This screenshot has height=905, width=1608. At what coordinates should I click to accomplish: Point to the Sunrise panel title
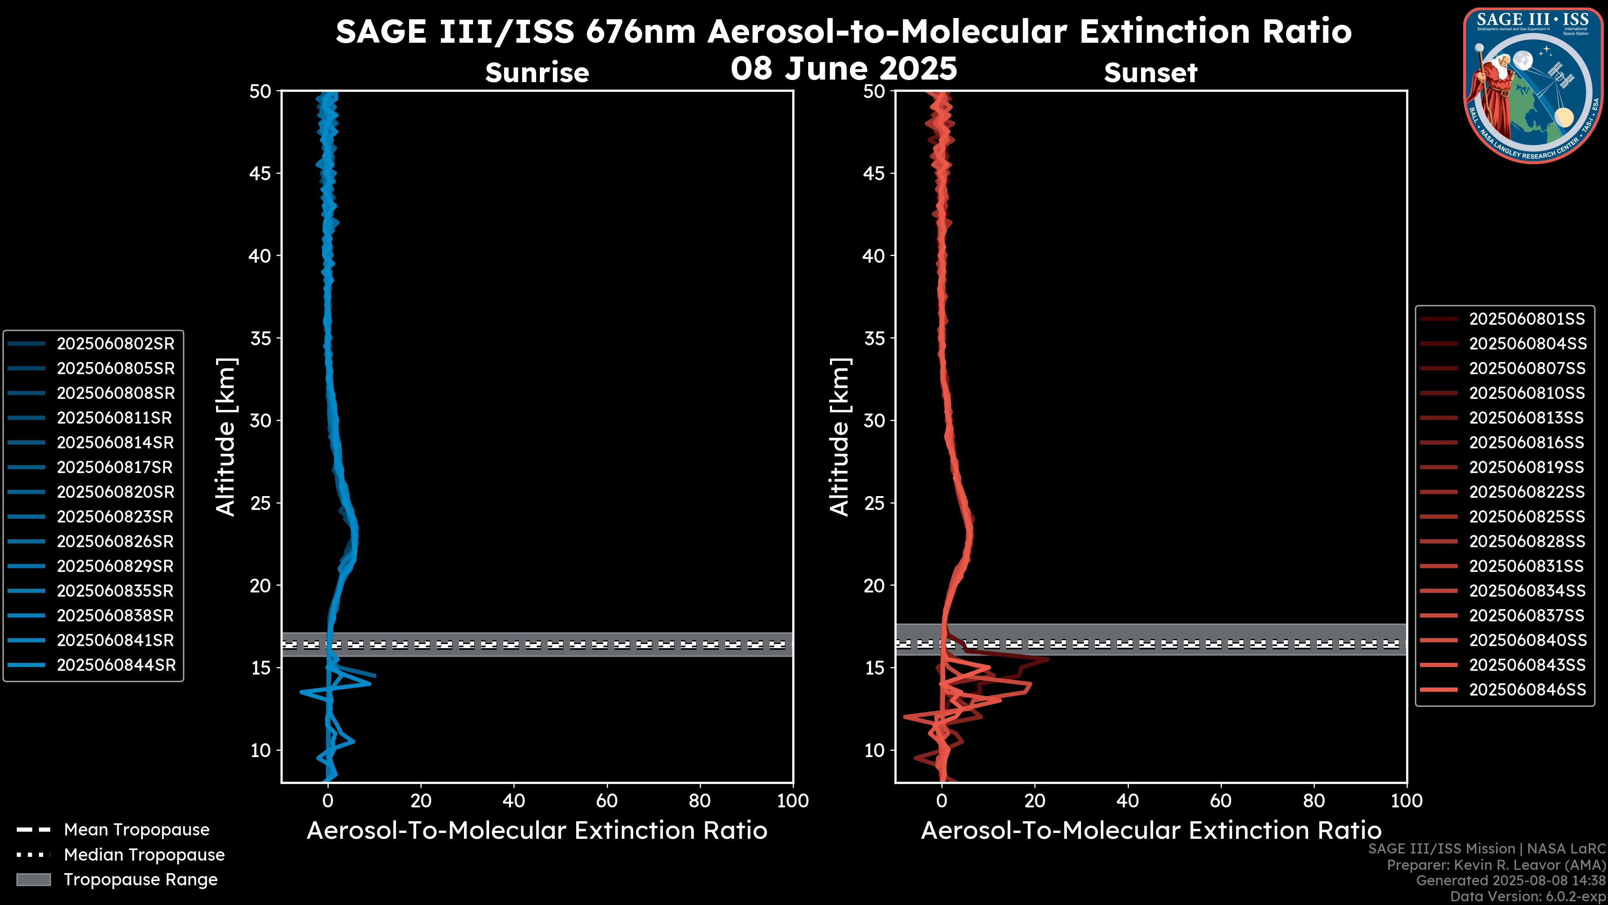click(x=537, y=73)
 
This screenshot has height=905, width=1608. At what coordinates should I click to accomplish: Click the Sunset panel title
click(x=1150, y=73)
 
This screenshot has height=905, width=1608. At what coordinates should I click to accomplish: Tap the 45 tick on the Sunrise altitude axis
click(x=260, y=173)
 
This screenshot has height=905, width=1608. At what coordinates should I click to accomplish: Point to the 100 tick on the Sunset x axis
click(x=1407, y=801)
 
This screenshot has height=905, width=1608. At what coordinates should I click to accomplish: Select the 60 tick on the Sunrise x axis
click(x=607, y=801)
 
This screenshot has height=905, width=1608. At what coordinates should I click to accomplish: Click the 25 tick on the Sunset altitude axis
click(x=874, y=503)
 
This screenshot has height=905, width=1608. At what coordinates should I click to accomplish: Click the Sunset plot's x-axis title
click(x=1150, y=831)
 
